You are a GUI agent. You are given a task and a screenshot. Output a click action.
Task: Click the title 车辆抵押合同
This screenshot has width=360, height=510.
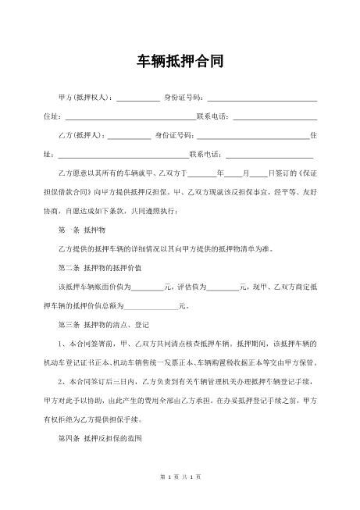pos(180,61)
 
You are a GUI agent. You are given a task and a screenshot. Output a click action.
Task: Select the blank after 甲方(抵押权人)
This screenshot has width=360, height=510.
pos(137,99)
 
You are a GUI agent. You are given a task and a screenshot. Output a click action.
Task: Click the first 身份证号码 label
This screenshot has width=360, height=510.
pos(183,98)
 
